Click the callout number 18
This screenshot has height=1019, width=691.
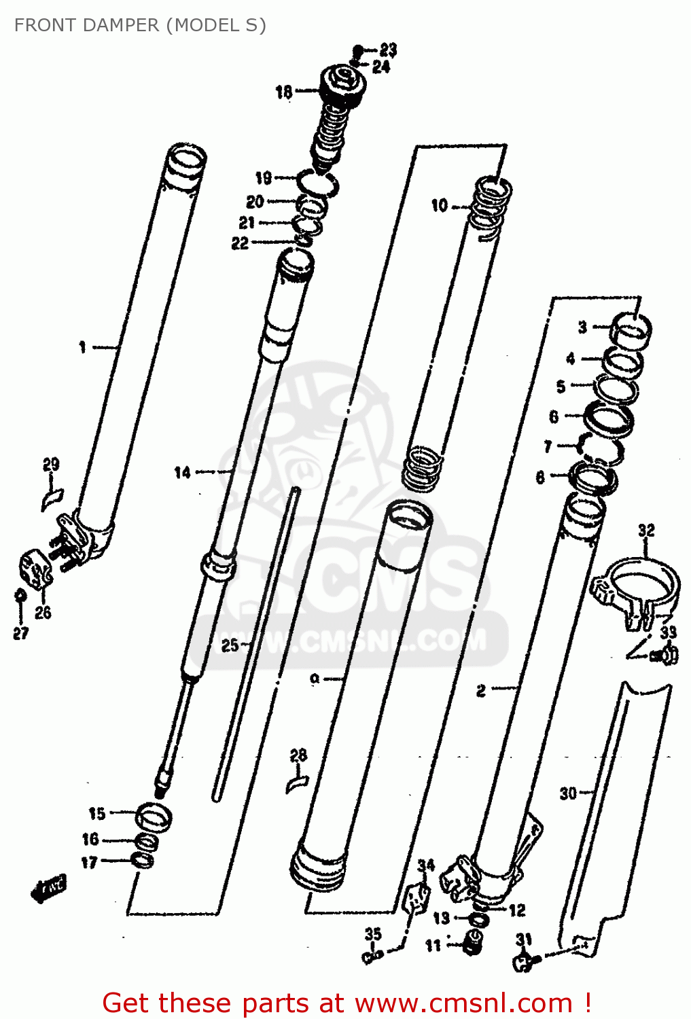point(283,92)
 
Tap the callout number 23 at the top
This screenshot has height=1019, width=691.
point(388,50)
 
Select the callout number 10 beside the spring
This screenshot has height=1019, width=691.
point(440,205)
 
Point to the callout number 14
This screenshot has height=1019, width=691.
point(182,472)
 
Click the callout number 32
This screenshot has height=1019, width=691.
point(646,530)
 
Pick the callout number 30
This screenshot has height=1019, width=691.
point(568,793)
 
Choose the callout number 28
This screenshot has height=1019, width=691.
point(298,755)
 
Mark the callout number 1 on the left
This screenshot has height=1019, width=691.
point(82,348)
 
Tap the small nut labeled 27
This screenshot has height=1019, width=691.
point(20,596)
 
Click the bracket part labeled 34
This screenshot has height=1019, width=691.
point(417,898)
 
